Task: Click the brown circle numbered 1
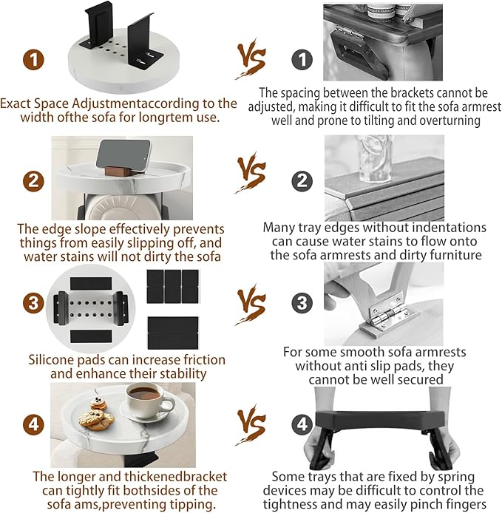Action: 34,59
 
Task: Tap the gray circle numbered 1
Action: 302,59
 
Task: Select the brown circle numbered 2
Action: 34,181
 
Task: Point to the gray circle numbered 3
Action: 302,302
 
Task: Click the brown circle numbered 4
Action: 34,424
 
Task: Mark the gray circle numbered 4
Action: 302,424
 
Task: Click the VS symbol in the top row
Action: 251,59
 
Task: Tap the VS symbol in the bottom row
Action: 251,424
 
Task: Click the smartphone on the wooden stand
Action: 123,155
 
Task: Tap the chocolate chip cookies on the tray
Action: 95,419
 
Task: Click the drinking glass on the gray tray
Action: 376,160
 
